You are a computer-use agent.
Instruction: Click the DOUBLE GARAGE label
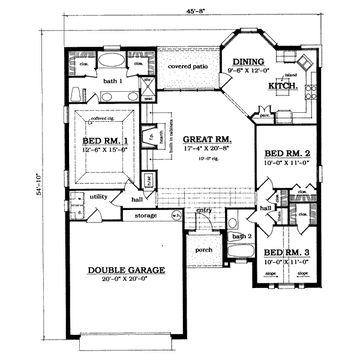(x=118, y=271)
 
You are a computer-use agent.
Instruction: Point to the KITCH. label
(x=283, y=86)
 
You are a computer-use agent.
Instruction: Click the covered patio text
(x=188, y=67)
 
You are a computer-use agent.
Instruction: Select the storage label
(x=146, y=215)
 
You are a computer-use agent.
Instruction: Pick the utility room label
(x=98, y=196)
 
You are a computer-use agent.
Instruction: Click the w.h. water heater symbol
(x=176, y=215)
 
